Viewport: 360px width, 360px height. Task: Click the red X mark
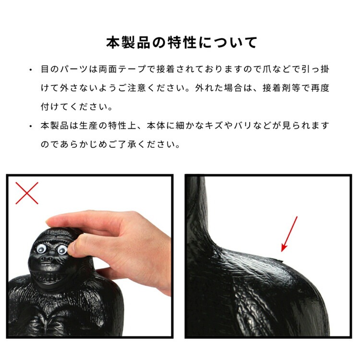tap(27, 193)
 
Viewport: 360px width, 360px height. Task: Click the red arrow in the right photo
tap(289, 234)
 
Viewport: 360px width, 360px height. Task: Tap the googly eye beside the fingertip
tap(62, 250)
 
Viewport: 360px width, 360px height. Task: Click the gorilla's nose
tap(48, 259)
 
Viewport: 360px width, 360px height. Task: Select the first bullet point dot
tap(31, 70)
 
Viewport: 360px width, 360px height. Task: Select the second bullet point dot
tap(31, 127)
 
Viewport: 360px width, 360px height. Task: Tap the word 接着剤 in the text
tap(276, 88)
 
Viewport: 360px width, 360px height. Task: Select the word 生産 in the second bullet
tap(89, 126)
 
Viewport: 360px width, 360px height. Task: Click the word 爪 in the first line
tap(267, 69)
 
